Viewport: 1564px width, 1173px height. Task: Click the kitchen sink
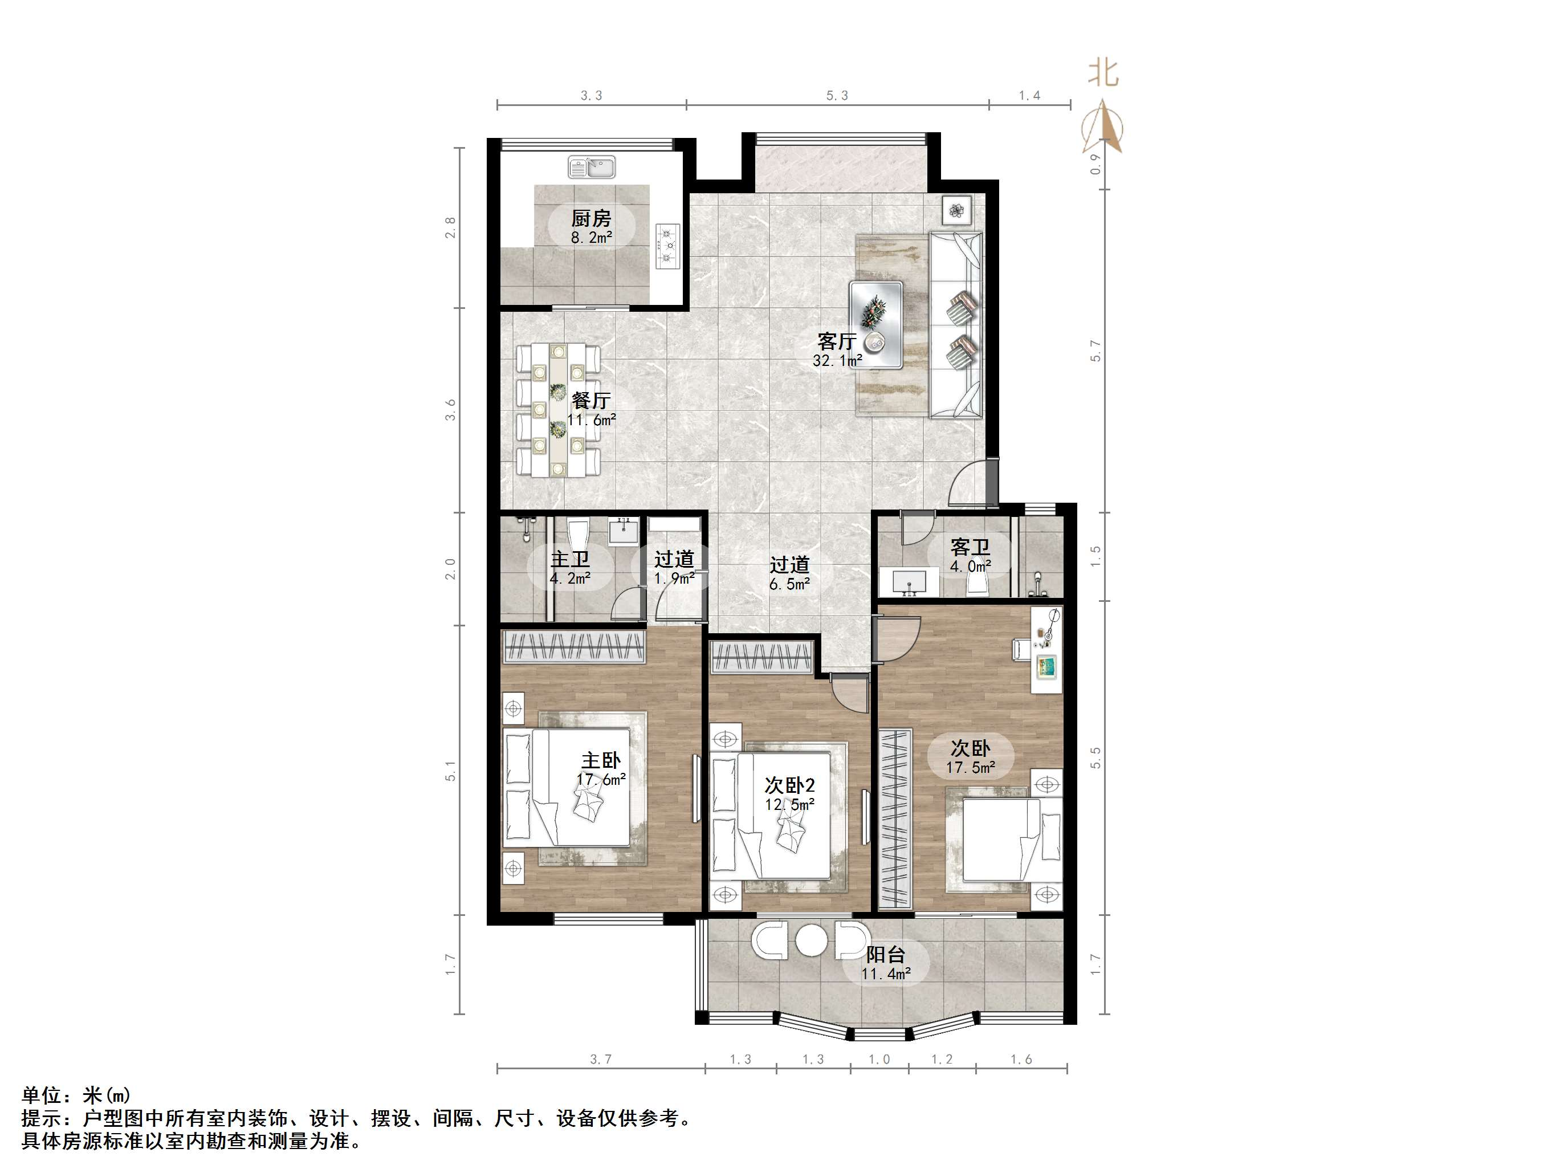point(592,168)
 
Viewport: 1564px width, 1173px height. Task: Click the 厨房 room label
point(591,218)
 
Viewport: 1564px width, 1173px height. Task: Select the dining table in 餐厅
point(559,410)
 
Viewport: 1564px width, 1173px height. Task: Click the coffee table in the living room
point(876,324)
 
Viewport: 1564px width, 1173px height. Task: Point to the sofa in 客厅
point(955,324)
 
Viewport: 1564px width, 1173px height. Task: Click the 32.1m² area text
point(837,361)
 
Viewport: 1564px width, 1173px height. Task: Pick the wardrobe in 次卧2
point(761,658)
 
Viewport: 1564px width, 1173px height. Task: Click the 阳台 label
point(886,955)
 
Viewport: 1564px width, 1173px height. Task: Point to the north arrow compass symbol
point(1102,127)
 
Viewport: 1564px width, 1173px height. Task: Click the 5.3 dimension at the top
point(837,95)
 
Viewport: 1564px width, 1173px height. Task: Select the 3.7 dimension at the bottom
point(601,1059)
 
